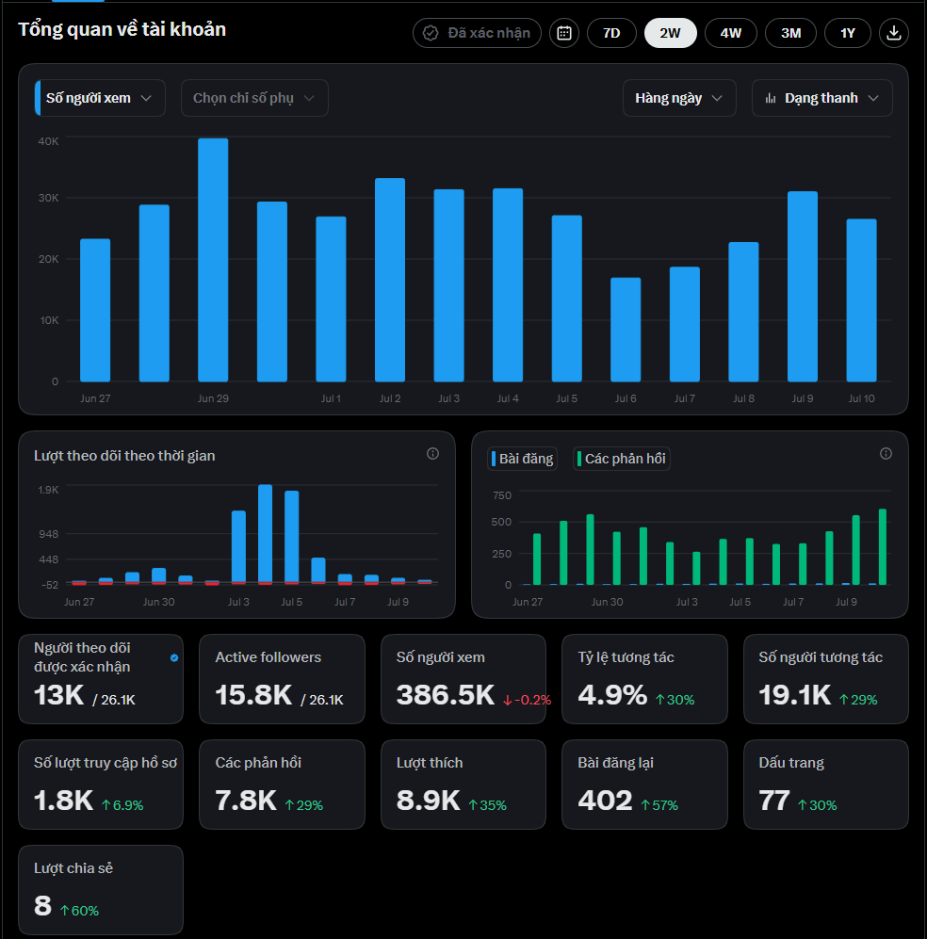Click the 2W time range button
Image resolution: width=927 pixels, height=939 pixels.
coord(670,33)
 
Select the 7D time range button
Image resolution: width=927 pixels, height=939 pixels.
coord(611,33)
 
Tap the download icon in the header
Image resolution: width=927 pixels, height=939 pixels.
coord(893,33)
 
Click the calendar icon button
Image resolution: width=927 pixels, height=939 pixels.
coord(564,33)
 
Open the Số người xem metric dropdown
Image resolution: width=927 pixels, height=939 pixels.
coord(100,98)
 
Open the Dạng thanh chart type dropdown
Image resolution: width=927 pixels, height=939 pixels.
coord(822,98)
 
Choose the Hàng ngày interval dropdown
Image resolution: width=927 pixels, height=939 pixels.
coord(679,98)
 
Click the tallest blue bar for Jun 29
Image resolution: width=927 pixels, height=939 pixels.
coord(213,260)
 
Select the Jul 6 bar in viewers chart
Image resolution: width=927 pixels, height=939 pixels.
coord(626,330)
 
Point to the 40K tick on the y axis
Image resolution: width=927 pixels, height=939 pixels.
coord(48,141)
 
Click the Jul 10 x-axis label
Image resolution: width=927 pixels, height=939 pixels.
coord(861,398)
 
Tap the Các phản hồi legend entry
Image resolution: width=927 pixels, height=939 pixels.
coord(622,459)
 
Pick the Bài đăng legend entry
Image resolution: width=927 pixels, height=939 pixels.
coord(522,459)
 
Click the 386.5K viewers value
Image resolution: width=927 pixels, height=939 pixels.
coord(446,695)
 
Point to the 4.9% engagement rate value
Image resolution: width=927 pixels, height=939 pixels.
coord(612,695)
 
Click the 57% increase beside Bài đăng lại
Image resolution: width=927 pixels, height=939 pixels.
coord(659,805)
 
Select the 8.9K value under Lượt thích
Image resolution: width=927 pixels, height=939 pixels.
coord(428,801)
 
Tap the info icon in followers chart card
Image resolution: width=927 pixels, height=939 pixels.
coord(432,454)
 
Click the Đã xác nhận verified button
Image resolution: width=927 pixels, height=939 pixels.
coord(477,33)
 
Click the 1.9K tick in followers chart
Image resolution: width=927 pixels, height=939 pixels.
coord(48,490)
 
